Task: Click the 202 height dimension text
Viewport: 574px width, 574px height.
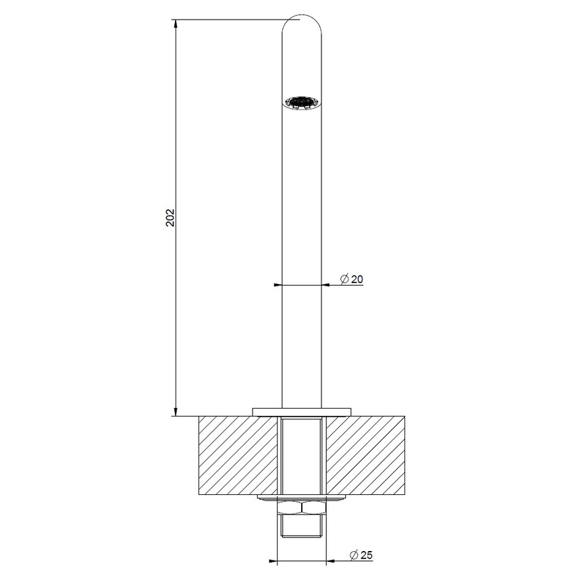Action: tap(171, 217)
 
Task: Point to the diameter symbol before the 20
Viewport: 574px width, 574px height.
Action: tap(344, 279)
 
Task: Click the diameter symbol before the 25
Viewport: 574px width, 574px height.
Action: tap(354, 555)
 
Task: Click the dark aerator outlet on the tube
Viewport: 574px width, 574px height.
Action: tap(301, 103)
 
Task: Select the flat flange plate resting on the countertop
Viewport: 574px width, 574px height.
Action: tap(302, 411)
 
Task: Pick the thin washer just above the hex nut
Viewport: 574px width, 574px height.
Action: tap(302, 498)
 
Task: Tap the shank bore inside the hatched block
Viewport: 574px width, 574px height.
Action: tap(302, 456)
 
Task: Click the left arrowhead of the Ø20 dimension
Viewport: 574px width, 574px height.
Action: tap(277, 286)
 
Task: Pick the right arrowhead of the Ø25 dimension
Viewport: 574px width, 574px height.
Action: tap(330, 561)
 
